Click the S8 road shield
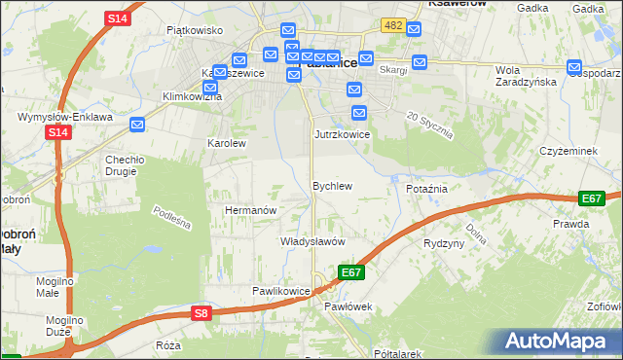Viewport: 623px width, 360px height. tap(201, 312)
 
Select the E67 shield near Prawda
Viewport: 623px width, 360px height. tap(591, 198)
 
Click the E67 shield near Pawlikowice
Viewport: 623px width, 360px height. tap(351, 272)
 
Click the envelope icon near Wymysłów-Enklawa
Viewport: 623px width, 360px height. tap(137, 124)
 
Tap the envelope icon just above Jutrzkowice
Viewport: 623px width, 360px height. tap(358, 113)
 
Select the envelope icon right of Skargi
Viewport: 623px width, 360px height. tap(420, 63)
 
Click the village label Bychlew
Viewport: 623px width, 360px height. tap(331, 185)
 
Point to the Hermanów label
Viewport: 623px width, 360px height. tap(251, 209)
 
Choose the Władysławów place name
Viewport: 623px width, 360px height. tap(312, 240)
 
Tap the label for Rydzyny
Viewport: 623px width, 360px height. tap(444, 243)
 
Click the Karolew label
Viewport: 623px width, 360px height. tap(227, 142)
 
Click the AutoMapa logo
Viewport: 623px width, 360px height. tap(554, 342)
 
